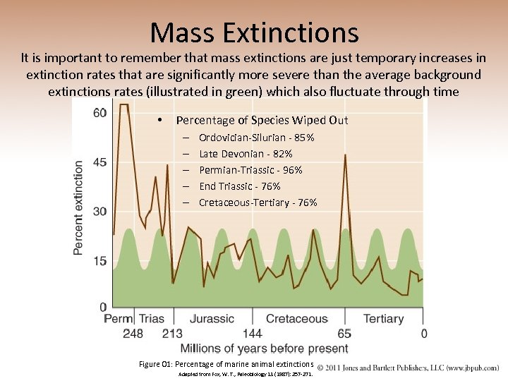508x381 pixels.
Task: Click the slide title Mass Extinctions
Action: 254,32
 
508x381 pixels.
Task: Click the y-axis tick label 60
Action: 99,113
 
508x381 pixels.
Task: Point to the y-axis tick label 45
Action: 99,162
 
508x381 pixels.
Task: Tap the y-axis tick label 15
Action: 99,261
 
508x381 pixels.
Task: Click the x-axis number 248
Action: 133,334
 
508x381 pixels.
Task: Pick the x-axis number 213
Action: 172,334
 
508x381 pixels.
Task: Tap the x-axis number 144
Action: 252,334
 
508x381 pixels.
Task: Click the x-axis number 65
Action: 344,334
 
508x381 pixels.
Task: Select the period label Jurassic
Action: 212,319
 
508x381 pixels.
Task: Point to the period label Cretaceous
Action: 296,319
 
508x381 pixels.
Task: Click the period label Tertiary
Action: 383,319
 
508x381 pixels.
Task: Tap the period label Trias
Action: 151,319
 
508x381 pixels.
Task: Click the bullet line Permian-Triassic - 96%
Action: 250,170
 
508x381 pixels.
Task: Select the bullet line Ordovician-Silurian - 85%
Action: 257,138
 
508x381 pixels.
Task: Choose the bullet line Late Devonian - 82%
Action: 246,154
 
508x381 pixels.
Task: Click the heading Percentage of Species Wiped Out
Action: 262,120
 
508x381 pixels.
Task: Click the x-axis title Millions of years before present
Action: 265,349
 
